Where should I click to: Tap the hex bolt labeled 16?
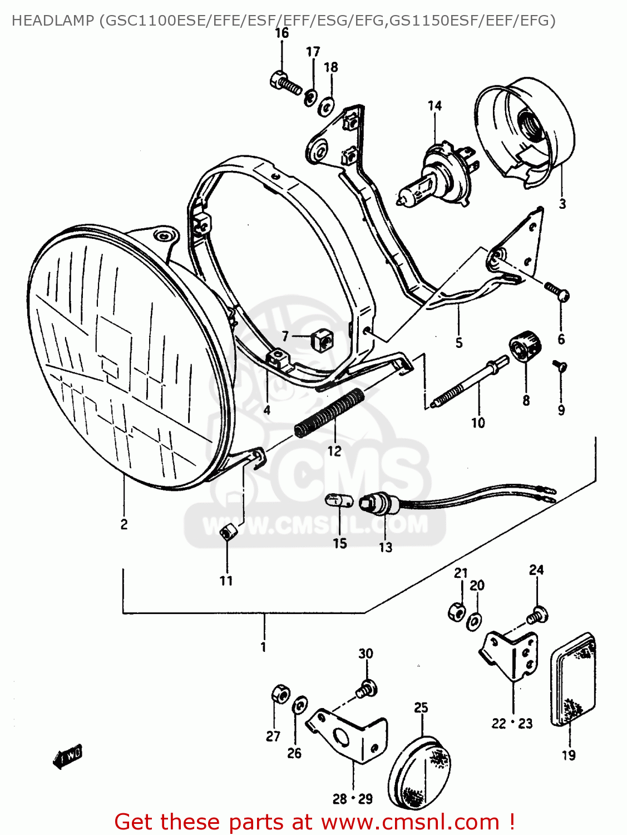point(285,83)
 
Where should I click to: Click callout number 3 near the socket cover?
point(562,204)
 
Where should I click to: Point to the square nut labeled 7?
point(321,338)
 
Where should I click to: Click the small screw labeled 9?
point(559,366)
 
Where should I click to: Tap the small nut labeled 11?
point(227,533)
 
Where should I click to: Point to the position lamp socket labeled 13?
point(381,504)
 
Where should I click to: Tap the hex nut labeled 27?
point(280,694)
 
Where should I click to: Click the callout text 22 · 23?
point(512,723)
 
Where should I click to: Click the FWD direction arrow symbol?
point(68,757)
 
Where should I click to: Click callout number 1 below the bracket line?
point(263,647)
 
